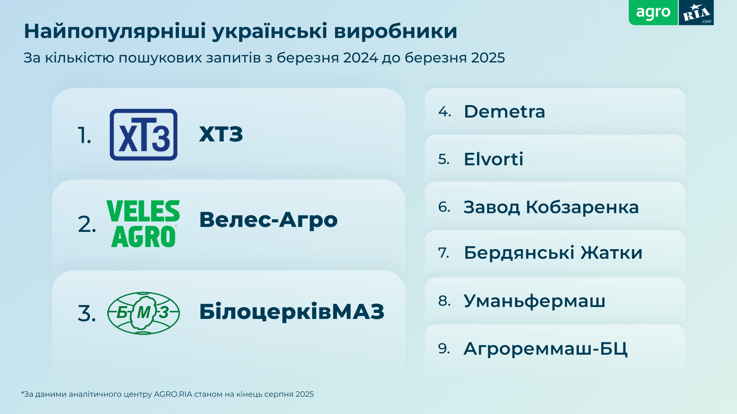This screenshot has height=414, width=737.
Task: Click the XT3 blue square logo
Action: [143, 135]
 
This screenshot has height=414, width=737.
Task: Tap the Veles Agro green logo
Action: [143, 223]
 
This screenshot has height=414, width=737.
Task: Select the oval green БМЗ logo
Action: [143, 313]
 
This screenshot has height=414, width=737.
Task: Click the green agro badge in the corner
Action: [653, 13]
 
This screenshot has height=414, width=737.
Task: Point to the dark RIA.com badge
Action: [696, 13]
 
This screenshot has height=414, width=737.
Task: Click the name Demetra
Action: [504, 112]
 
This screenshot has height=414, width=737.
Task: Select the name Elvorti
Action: [493, 159]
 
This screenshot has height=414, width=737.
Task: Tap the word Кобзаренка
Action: [582, 207]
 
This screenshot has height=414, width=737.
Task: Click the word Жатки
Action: [611, 253]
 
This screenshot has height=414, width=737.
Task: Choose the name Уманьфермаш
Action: [534, 301]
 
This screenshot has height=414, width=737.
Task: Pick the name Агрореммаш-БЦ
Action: [545, 348]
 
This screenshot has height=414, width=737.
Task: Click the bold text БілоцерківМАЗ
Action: [291, 311]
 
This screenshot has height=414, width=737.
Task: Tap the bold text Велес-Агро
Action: [268, 220]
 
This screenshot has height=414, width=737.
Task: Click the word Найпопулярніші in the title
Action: [115, 31]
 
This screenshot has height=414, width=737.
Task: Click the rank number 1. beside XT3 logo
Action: [84, 136]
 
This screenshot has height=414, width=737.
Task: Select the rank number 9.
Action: [444, 348]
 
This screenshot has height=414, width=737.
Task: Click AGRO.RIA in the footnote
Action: [173, 394]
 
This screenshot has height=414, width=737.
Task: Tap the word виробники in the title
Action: [395, 31]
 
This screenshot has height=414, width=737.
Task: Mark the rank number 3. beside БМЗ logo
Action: [86, 314]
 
